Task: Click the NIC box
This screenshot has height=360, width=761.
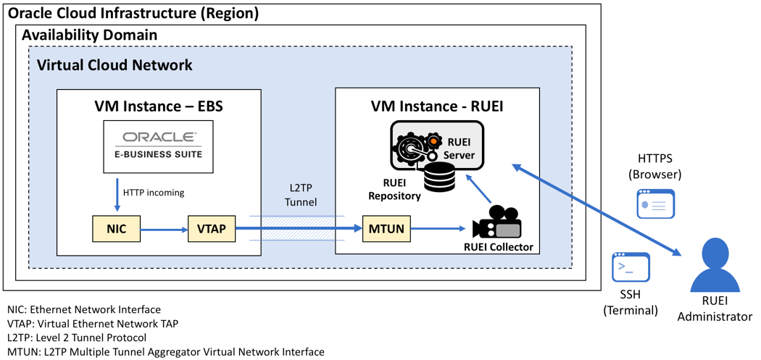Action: (116, 229)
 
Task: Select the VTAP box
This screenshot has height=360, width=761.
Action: (212, 229)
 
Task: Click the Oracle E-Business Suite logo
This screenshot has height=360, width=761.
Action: (158, 146)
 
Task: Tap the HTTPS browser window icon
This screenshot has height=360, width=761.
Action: (656, 204)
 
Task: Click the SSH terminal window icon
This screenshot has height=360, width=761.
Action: (631, 267)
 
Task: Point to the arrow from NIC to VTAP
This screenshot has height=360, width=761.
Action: (163, 230)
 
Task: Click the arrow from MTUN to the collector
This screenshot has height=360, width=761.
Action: (438, 230)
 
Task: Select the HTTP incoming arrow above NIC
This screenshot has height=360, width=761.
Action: (116, 194)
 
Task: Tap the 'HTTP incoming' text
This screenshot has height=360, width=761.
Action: (154, 193)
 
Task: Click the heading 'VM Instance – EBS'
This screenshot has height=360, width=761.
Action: (158, 106)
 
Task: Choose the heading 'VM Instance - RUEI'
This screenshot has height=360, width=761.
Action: (437, 106)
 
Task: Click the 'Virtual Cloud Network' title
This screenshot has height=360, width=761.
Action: (115, 65)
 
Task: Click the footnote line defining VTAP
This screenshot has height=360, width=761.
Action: (92, 324)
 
